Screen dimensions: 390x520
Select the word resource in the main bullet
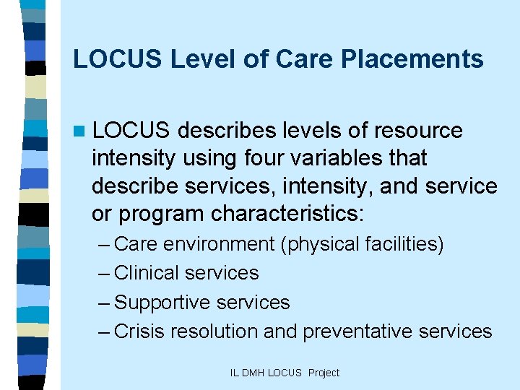tap(417, 131)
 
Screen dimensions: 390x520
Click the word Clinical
tap(147, 273)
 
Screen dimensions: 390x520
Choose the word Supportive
tap(159, 303)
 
